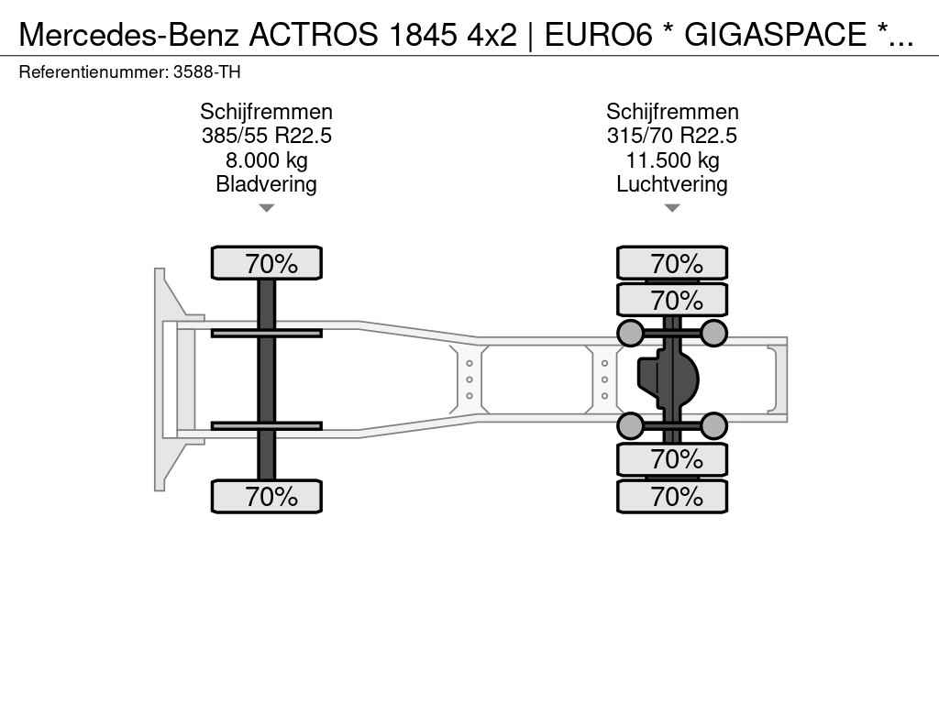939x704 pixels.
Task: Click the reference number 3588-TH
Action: [x=206, y=72]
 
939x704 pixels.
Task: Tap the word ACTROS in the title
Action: [x=314, y=35]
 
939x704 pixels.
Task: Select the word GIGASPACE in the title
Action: [x=775, y=35]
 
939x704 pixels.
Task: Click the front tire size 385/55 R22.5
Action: [x=267, y=136]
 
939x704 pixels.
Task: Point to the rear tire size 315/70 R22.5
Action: [x=672, y=136]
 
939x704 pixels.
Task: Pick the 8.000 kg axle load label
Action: [x=267, y=160]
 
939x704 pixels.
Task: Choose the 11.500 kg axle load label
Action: [x=672, y=160]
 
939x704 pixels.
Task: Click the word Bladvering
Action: [x=267, y=184]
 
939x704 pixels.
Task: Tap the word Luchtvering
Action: [x=672, y=184]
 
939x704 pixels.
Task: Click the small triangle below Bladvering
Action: [x=267, y=208]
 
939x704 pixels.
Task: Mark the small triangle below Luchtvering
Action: [x=672, y=208]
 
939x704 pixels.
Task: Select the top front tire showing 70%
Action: [x=267, y=263]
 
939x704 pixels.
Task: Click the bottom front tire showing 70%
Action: [x=267, y=496]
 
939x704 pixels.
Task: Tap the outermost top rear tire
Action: [x=672, y=263]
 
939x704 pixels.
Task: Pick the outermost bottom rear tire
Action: [x=672, y=496]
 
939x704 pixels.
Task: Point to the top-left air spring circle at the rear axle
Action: [x=631, y=334]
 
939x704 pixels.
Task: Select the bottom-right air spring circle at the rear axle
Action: [x=713, y=426]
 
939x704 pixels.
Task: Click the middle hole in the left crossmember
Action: [x=469, y=379]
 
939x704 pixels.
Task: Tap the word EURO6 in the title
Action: [x=598, y=35]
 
